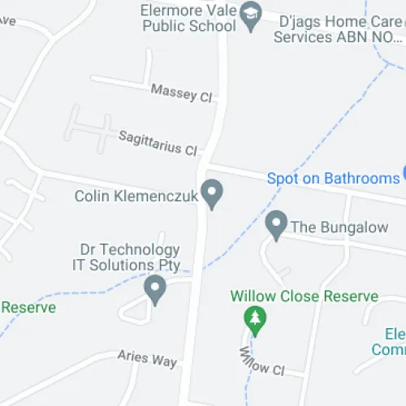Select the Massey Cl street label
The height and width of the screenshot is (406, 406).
point(180,92)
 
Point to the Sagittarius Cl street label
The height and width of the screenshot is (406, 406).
point(158,144)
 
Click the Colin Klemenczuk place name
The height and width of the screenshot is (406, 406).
point(136,196)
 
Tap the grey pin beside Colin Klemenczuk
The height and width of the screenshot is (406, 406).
point(213,193)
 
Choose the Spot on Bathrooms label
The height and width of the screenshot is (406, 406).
point(333,178)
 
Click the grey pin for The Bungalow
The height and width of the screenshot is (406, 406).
point(277,224)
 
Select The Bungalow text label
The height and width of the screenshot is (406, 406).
point(339,227)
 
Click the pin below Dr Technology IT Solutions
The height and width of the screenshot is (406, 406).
point(154,288)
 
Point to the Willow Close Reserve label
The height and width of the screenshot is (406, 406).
point(304,296)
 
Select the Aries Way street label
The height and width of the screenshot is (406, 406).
point(147,359)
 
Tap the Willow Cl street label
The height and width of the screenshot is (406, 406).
point(261,362)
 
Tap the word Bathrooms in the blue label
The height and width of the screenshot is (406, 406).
point(361,178)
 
